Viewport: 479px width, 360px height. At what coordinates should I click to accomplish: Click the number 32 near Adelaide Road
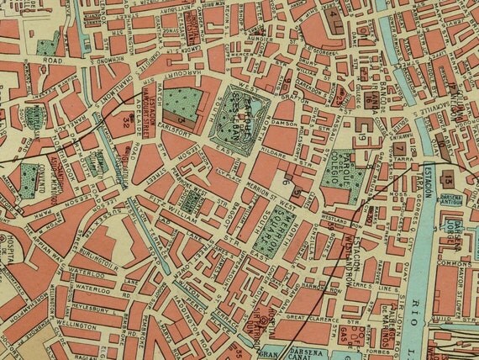126,122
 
